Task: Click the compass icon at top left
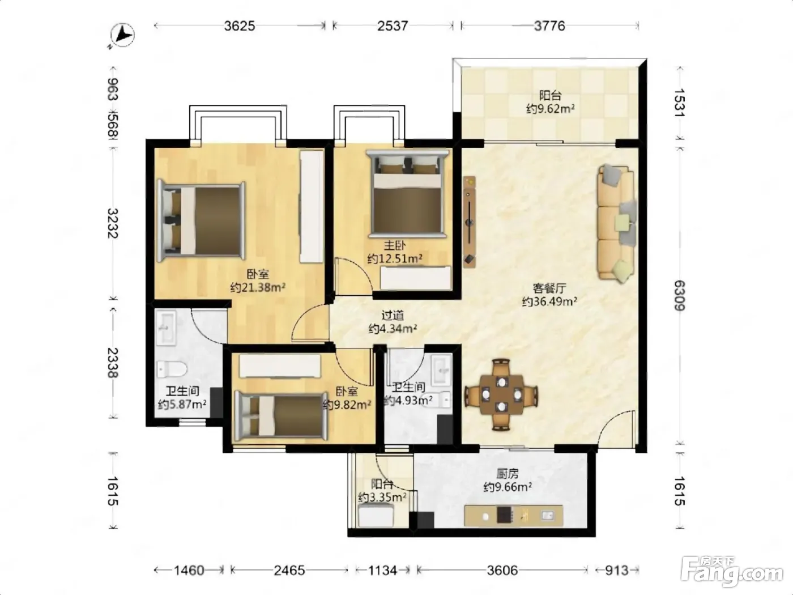pos(122,36)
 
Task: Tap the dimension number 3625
pos(240,26)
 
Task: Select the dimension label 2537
pos(393,26)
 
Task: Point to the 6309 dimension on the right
pos(680,295)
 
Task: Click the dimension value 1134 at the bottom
pos(382,571)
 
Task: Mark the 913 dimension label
pos(617,571)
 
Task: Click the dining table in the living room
pos(501,394)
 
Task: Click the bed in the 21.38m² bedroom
pos(201,221)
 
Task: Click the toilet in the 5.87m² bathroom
pos(172,369)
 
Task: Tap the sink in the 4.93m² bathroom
pos(441,370)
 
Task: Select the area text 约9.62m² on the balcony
pos(550,108)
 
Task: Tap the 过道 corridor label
pos(393,316)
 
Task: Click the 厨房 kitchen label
pos(508,474)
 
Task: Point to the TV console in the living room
pos(470,222)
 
